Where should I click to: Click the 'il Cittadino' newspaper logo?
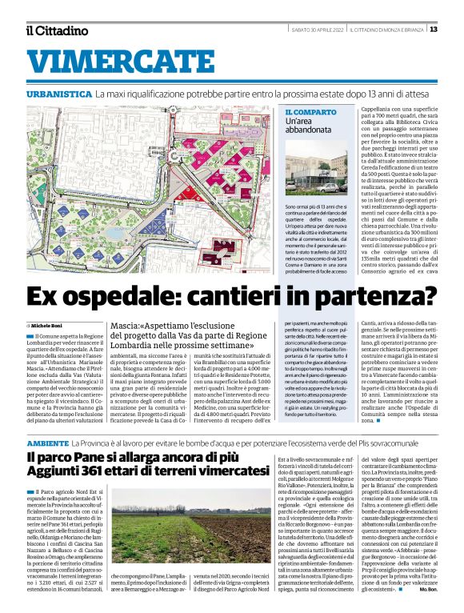56,30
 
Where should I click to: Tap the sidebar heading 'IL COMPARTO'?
311,112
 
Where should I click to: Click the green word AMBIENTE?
47,443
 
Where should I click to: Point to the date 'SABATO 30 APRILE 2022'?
315,30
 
